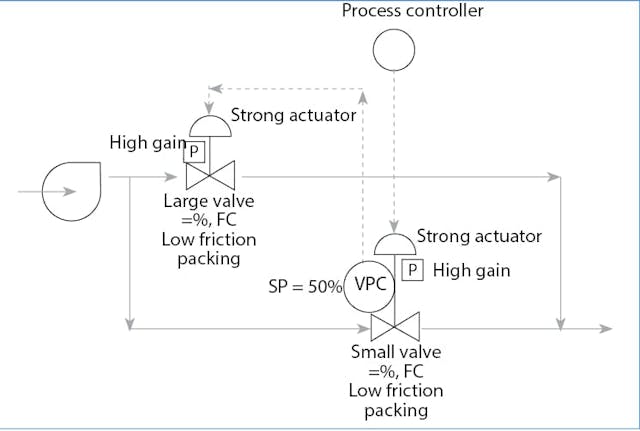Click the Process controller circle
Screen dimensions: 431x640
[392, 49]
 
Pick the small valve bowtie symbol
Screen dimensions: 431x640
[395, 327]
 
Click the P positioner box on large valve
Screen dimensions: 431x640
[195, 152]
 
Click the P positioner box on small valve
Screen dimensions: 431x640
[411, 270]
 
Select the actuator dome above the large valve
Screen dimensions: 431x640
[210, 127]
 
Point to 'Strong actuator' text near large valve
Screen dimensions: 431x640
[293, 115]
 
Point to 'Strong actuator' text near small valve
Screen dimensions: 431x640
[479, 237]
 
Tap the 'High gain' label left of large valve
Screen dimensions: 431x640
[147, 143]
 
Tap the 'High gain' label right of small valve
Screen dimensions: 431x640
[472, 270]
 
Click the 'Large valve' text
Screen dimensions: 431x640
[209, 201]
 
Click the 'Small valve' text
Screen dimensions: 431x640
[395, 352]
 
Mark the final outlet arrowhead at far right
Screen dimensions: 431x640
[607, 328]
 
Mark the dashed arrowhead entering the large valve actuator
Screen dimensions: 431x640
[210, 109]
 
